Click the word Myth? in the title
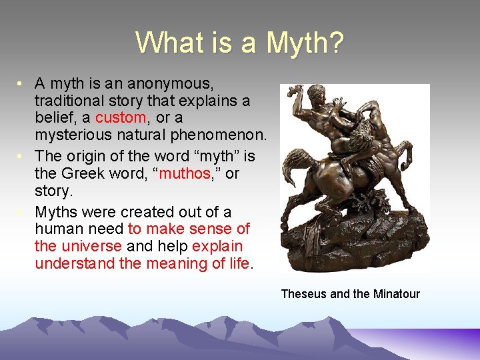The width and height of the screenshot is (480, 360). coord(305,43)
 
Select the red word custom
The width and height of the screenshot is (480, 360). coord(121,118)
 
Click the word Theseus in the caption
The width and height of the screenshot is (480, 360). coord(303,294)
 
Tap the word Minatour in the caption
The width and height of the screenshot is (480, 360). coord(396,294)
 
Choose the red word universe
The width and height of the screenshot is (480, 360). coord(89,246)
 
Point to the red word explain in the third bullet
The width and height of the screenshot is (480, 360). coord(217,246)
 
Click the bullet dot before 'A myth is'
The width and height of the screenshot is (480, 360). coord(22,84)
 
